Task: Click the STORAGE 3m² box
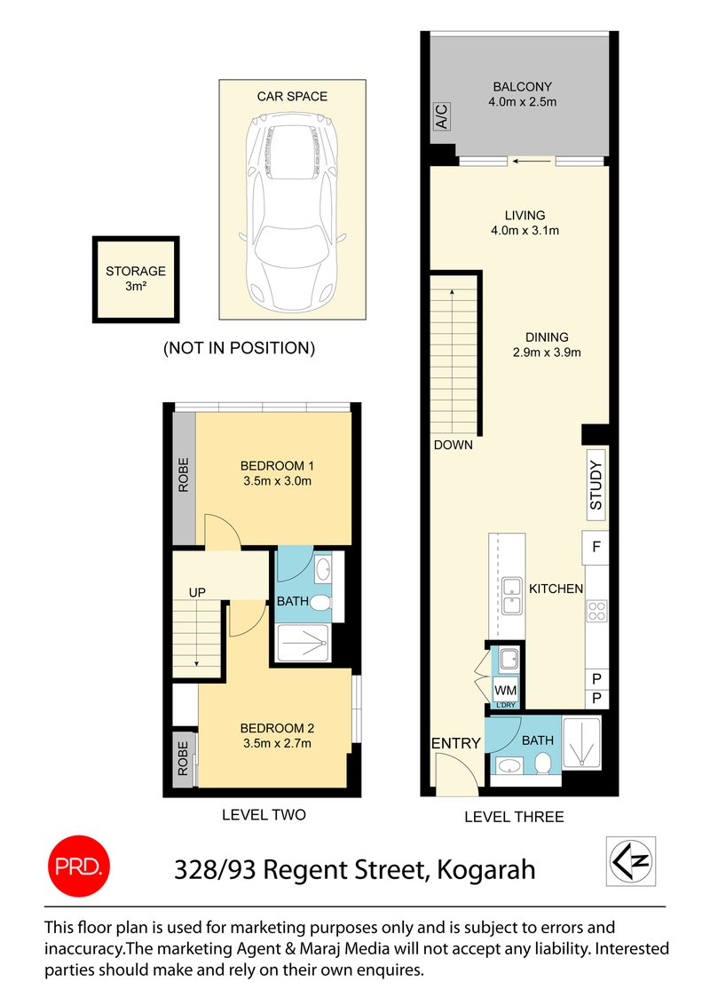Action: tap(136, 279)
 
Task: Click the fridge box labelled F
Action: tap(595, 547)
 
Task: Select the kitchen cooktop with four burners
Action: tap(596, 611)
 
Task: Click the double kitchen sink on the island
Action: tap(511, 595)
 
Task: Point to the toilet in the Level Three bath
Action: tap(540, 764)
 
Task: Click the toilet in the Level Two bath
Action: tap(321, 605)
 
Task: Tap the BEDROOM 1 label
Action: tap(278, 466)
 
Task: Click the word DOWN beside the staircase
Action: tap(453, 445)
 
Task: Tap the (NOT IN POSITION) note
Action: tap(239, 348)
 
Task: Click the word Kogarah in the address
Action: tap(485, 868)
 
